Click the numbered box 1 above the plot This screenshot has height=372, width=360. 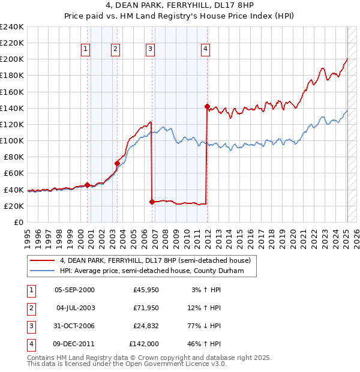(86, 49)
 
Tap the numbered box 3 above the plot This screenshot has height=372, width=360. (150, 49)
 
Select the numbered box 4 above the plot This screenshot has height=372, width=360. (205, 49)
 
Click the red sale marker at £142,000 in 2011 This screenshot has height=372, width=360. (207, 107)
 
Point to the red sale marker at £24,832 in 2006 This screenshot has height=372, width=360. (152, 202)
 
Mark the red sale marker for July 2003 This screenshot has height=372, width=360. (117, 163)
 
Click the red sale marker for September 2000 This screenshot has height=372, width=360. (87, 184)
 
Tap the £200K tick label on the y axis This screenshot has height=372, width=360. (12, 59)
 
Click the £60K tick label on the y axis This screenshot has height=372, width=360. (14, 173)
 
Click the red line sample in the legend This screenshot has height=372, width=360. (41, 260)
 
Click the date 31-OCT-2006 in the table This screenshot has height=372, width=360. (74, 326)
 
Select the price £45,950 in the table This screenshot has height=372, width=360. (146, 290)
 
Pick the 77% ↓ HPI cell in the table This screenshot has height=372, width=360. (203, 326)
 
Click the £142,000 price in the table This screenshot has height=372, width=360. (144, 344)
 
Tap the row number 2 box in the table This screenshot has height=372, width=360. (30, 308)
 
